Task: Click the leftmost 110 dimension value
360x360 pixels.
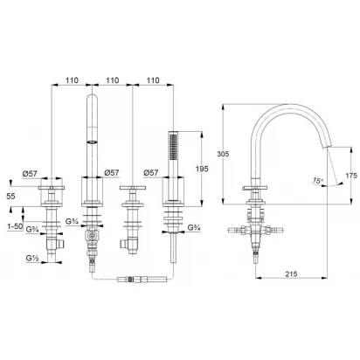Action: coord(72,80)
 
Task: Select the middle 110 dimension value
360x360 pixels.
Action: coord(113,80)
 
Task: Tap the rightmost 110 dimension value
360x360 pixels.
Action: coord(153,80)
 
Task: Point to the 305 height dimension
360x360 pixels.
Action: coord(223,154)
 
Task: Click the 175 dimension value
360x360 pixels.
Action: coord(351,176)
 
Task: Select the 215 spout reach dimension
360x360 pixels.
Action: coord(291,273)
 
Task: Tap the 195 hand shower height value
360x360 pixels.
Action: coord(202,169)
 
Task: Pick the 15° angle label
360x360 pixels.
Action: coord(318,181)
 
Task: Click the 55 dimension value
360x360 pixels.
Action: coord(10,197)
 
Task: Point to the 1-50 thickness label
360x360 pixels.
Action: coord(15,226)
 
